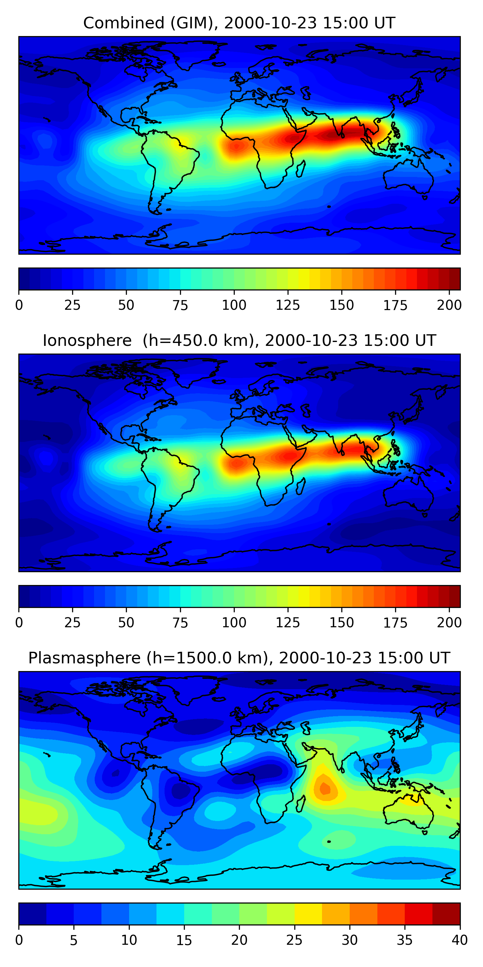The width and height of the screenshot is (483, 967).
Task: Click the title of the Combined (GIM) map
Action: [x=239, y=23]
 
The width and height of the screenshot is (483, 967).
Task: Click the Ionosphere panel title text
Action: [x=239, y=340]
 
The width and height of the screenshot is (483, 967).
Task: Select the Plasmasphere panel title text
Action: [x=239, y=658]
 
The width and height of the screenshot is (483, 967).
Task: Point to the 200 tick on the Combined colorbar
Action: [x=449, y=305]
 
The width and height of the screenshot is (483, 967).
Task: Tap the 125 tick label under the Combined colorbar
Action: [x=288, y=305]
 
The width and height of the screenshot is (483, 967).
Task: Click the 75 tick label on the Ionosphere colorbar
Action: [x=180, y=622]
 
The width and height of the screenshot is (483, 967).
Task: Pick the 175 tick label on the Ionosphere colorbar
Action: [x=395, y=622]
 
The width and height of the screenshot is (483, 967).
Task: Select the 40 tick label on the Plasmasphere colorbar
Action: [x=459, y=940]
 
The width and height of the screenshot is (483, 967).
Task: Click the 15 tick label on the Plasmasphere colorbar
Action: [x=184, y=940]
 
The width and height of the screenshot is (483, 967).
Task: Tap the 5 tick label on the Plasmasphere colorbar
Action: [x=73, y=940]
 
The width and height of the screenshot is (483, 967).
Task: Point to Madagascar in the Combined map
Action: [x=300, y=169]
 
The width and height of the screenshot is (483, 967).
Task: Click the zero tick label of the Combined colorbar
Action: [x=19, y=305]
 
